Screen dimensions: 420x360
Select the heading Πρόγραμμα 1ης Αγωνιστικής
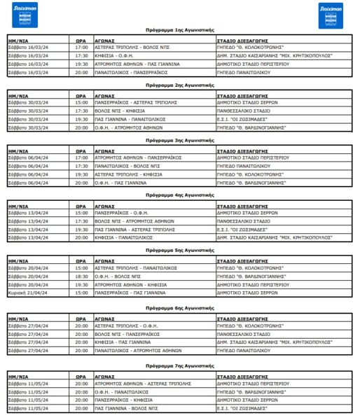tap(180, 32)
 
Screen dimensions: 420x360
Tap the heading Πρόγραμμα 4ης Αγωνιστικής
tap(180, 195)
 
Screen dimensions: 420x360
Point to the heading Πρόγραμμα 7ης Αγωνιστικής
tap(180, 365)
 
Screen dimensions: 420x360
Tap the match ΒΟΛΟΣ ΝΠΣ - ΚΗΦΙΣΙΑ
tap(116, 111)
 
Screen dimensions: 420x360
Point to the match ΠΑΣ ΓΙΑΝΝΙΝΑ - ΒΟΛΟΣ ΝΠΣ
tap(123, 407)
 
